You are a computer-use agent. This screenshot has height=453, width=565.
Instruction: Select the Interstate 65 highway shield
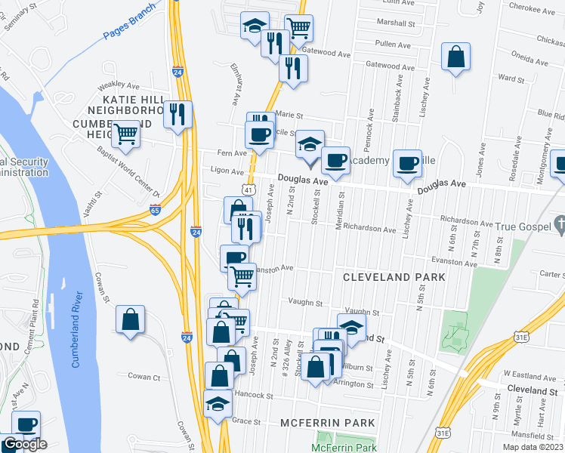pos(155,209)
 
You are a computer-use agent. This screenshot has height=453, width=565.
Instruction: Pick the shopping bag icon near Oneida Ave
pos(456,57)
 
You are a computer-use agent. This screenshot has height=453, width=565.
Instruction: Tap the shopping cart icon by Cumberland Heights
pos(125,134)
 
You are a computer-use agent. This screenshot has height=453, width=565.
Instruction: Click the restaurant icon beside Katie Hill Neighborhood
pos(178,114)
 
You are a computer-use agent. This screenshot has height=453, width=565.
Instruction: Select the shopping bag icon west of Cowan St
pos(131,319)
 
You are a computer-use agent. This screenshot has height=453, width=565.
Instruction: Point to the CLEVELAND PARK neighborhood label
pos(394,277)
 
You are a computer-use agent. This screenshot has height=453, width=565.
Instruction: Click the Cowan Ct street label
pos(144,377)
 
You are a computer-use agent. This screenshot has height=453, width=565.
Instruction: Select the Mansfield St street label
pos(539,436)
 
